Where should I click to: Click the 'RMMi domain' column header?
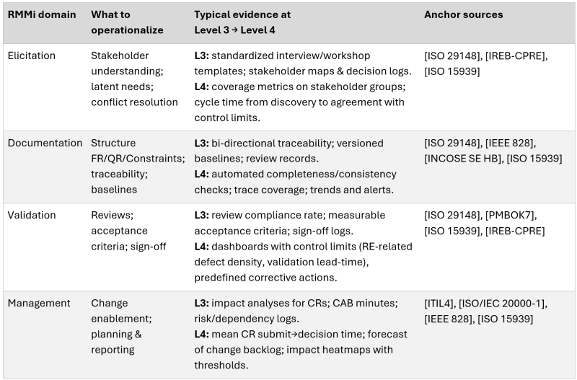coord(42,14)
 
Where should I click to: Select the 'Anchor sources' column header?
coord(463,14)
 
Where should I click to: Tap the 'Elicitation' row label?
coord(32,55)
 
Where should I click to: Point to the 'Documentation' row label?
coord(45,143)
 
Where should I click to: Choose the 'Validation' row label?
coord(32,215)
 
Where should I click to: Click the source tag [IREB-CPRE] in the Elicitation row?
coord(526,55)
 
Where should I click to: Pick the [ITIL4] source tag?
coord(441,303)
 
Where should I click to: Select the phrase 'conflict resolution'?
coord(134,102)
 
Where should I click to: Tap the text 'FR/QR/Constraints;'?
coord(138,159)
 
